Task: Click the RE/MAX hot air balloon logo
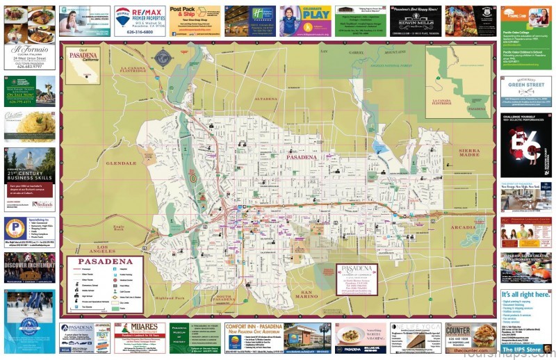point(122,15)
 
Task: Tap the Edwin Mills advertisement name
point(415,16)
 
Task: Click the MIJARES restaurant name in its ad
point(139,327)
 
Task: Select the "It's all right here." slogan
point(526,295)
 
